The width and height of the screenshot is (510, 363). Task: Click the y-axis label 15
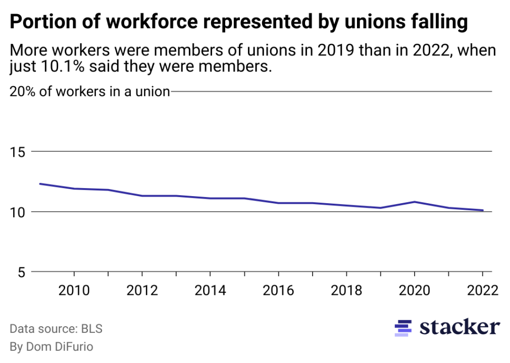pos(19,152)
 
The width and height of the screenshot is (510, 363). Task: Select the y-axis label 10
pos(19,212)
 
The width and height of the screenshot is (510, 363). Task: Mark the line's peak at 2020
pos(414,202)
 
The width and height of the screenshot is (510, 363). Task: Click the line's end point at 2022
pos(483,210)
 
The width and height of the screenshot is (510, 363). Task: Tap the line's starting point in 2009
pos(40,184)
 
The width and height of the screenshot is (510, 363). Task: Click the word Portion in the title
pos(38,23)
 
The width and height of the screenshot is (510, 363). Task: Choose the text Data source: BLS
pos(56,329)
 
